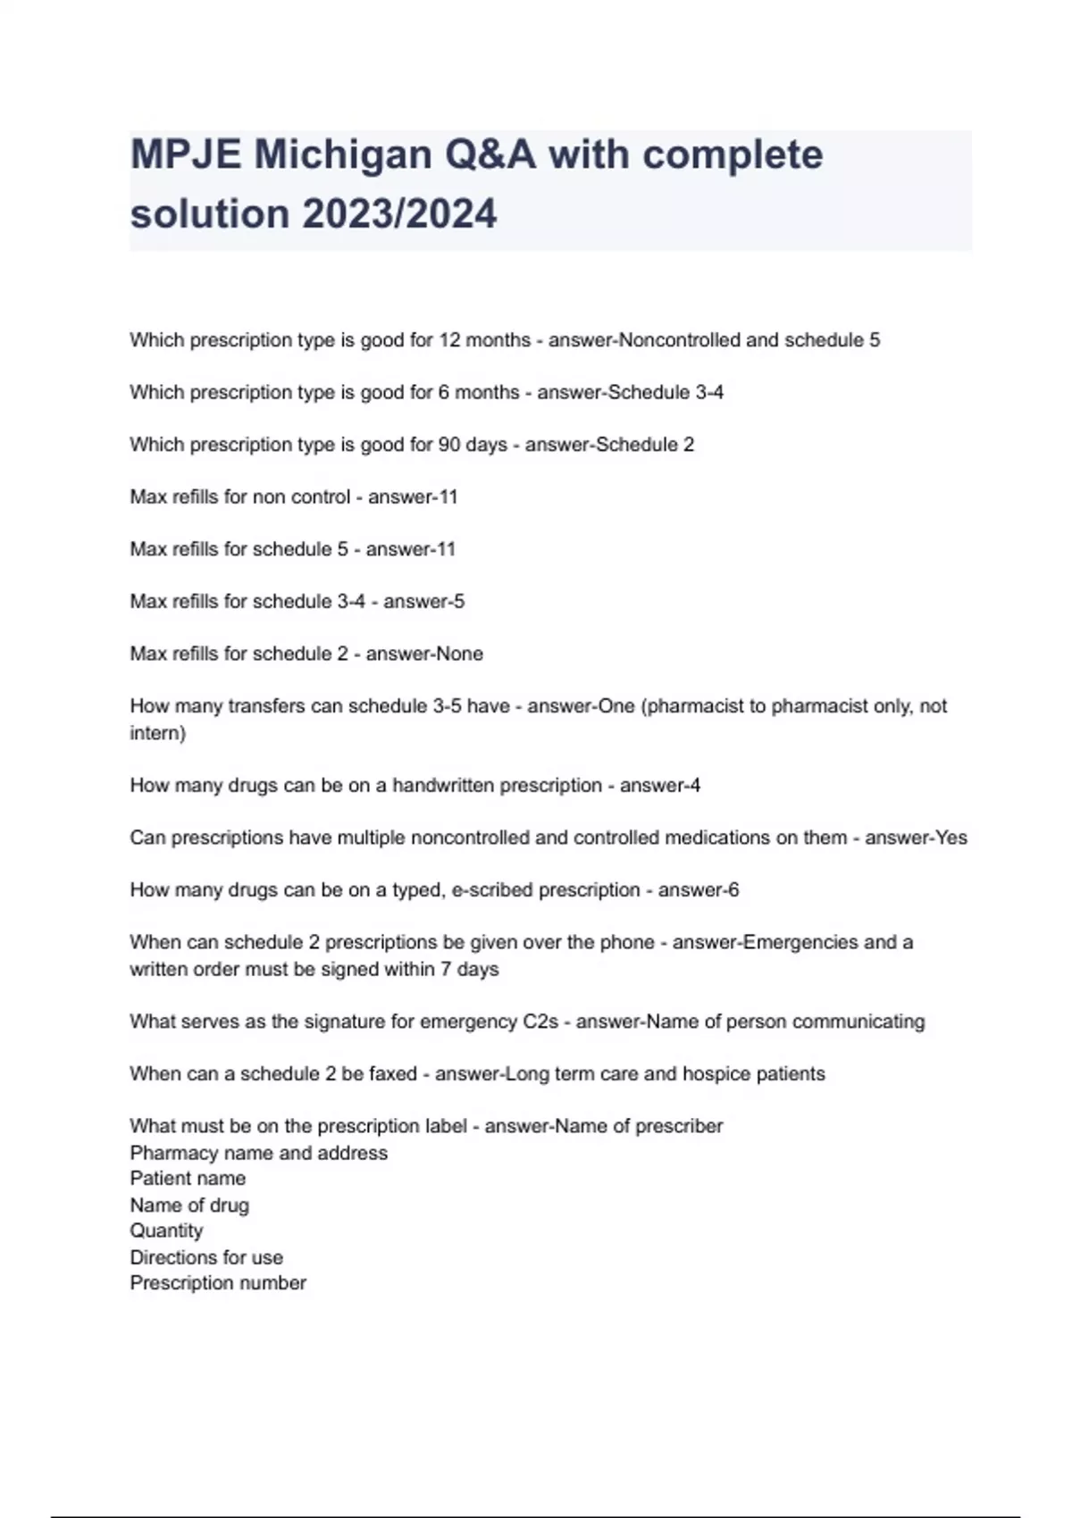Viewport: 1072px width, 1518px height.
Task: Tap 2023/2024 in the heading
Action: tap(398, 214)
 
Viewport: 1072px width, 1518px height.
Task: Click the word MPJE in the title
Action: tap(185, 154)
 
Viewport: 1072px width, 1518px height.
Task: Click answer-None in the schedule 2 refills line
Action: tap(424, 654)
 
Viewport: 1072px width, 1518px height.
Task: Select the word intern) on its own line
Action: tap(157, 733)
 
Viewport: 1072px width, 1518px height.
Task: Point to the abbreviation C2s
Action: tap(540, 1022)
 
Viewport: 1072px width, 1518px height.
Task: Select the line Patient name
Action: tap(188, 1179)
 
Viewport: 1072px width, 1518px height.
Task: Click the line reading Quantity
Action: tap(166, 1230)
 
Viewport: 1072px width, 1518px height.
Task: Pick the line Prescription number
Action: tap(218, 1283)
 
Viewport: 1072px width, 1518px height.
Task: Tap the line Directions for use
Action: tap(206, 1257)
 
